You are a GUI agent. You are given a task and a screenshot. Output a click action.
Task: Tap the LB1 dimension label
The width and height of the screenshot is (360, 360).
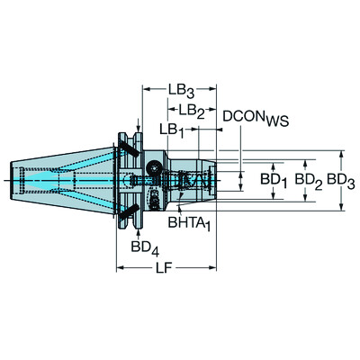[172, 130]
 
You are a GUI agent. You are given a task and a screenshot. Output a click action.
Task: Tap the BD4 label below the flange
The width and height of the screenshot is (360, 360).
[140, 245]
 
